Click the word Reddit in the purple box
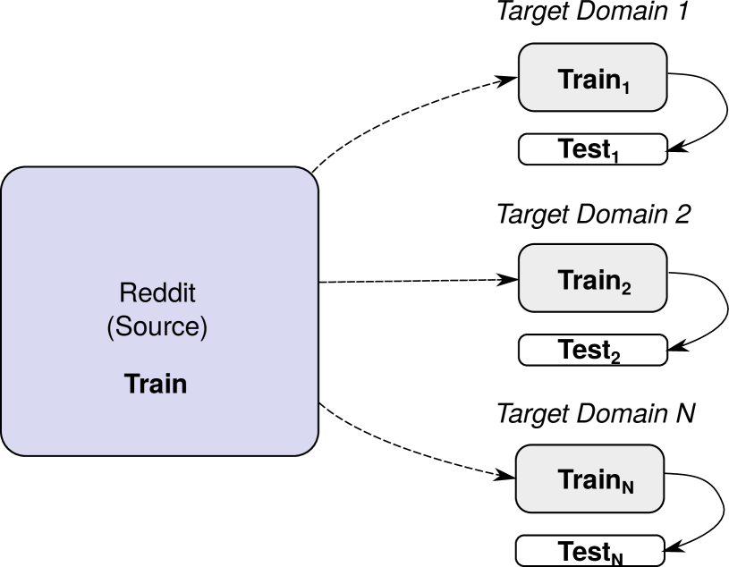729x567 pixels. [x=157, y=293]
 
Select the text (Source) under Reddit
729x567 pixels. [x=157, y=327]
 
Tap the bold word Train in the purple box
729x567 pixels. [x=156, y=385]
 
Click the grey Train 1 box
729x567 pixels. [x=592, y=78]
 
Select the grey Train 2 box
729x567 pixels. [x=592, y=278]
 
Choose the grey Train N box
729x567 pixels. [x=589, y=478]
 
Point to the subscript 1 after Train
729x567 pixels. [x=626, y=87]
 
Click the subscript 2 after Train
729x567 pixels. [x=626, y=288]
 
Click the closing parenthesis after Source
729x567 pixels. [x=204, y=328]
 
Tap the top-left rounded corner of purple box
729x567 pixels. [x=11, y=177]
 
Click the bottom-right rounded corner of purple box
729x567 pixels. [x=309, y=445]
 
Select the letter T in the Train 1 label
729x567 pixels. [x=565, y=79]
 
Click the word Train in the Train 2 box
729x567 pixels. [x=589, y=280]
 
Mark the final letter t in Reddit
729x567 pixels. [x=191, y=293]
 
